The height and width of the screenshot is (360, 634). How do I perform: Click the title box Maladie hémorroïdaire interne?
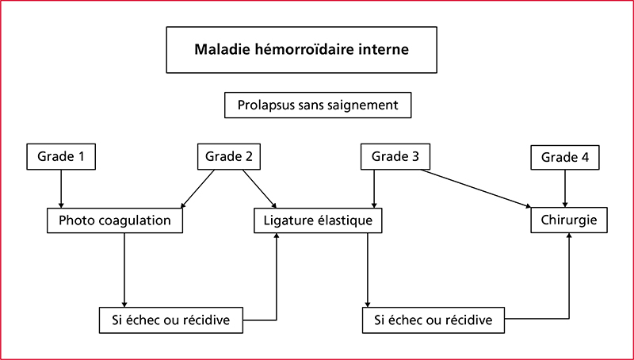pos(301,50)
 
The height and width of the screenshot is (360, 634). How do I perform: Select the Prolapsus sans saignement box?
pos(318,105)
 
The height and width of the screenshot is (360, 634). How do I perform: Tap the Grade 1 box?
pos(61,156)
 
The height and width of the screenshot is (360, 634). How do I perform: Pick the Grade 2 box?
pos(229,156)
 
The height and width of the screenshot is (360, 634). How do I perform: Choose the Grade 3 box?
pos(395,156)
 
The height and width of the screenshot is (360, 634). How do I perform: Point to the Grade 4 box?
pos(565,157)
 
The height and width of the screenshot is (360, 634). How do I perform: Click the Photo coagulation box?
pos(115,220)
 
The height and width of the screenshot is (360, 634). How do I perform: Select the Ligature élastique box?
pos(318,220)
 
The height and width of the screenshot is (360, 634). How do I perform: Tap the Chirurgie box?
pos(569,220)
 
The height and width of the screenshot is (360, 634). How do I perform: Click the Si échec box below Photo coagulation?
pos(171,320)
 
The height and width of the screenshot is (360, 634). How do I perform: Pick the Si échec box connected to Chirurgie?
pos(433,320)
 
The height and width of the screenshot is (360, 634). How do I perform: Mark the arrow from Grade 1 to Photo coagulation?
pos(61,189)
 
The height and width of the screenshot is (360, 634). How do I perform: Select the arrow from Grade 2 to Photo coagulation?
pos(197,189)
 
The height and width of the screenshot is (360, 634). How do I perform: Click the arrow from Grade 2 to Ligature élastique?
pos(260,189)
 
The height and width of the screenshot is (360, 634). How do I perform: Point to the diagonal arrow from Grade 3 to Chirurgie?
pos(476,189)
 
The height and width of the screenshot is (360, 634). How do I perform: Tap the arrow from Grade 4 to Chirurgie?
pos(565,189)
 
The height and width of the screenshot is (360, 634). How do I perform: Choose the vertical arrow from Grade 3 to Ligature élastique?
pos(374,189)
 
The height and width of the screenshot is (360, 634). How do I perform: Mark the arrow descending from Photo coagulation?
pos(124,270)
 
